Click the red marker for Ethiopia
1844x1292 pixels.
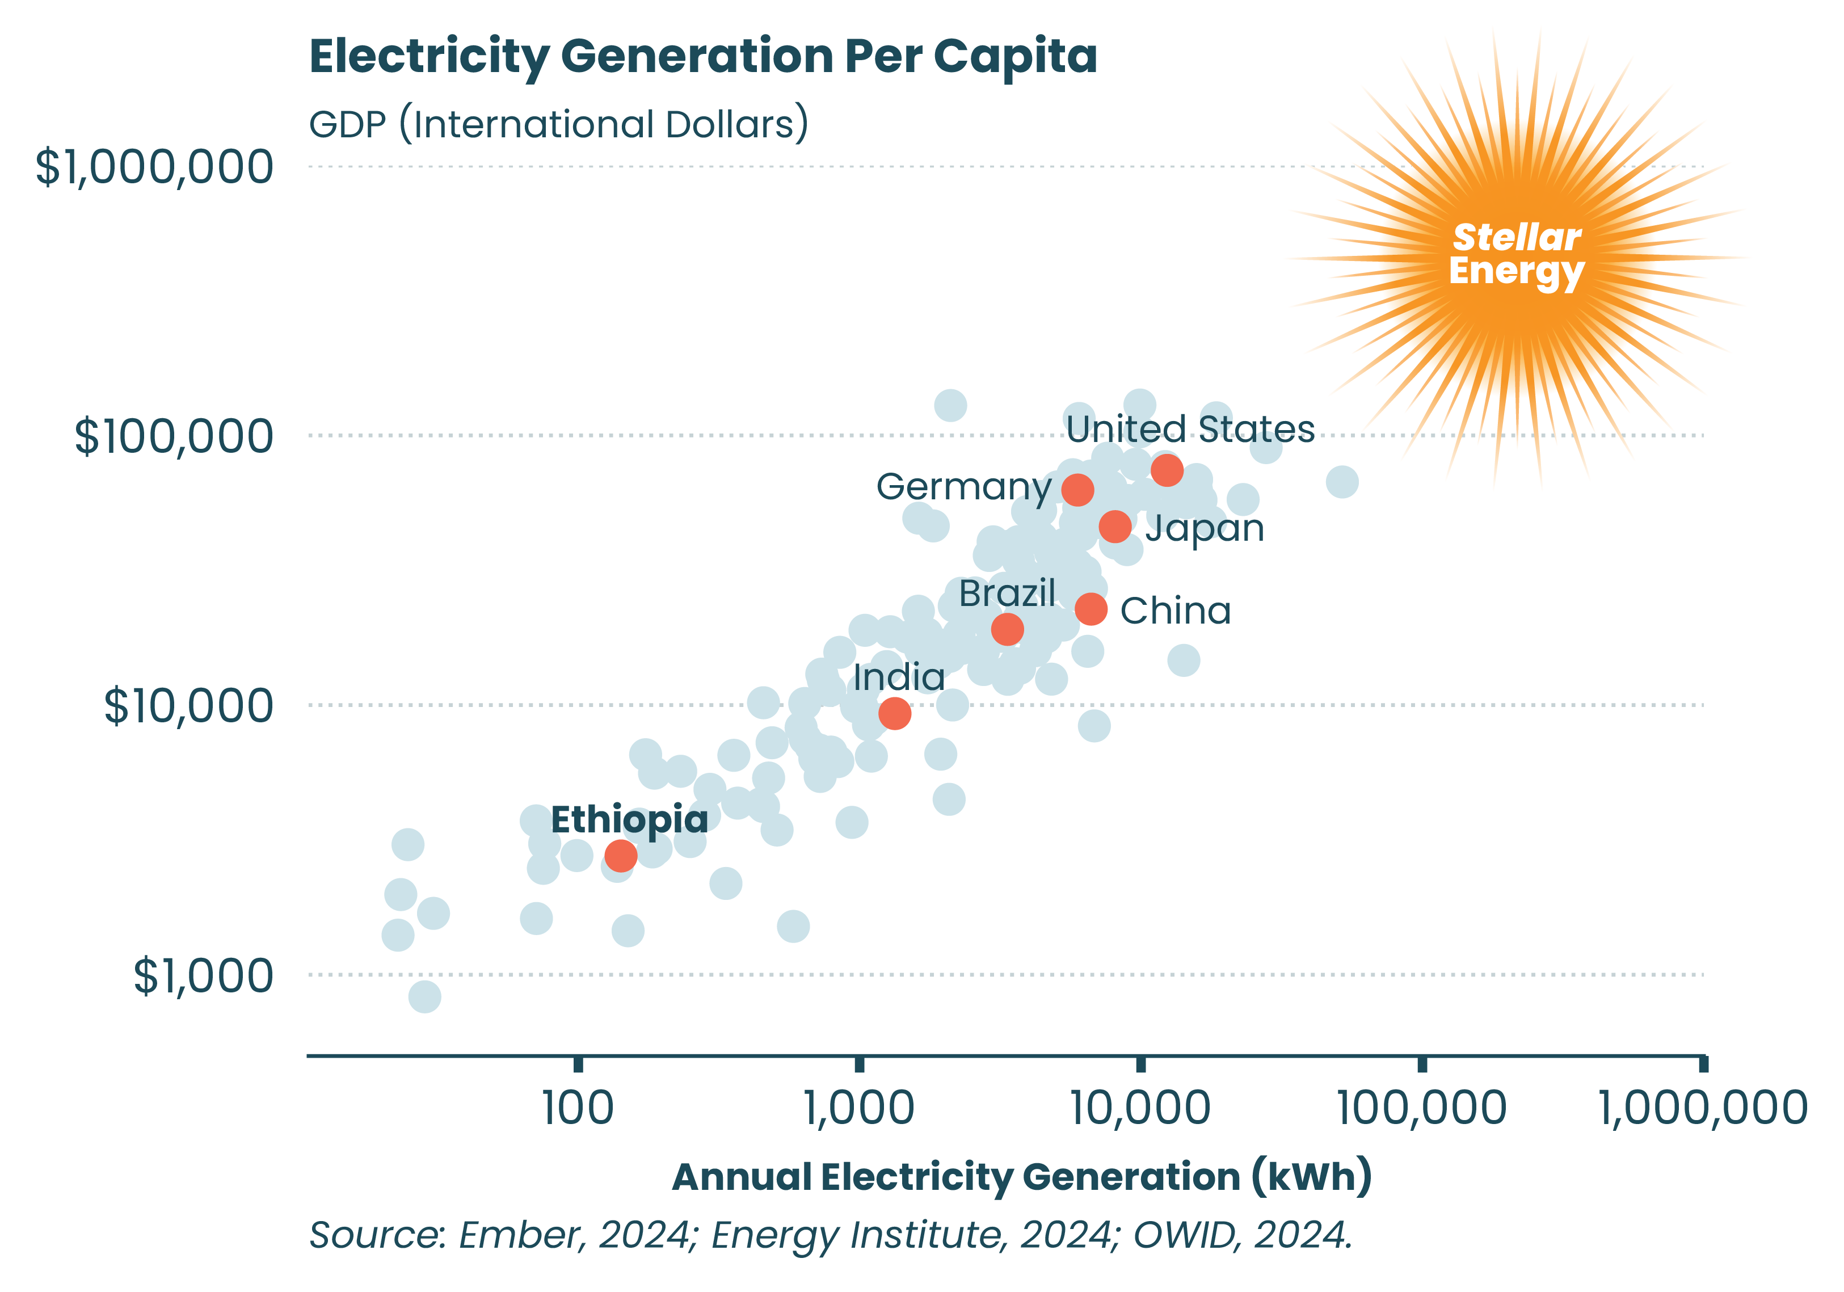(x=621, y=856)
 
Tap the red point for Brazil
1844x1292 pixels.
(x=1007, y=629)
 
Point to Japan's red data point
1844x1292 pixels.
(x=1115, y=527)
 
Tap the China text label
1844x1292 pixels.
(x=1175, y=611)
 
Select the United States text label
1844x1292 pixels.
(x=1190, y=430)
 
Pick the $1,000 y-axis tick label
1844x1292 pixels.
(x=203, y=977)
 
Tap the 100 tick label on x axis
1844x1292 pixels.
(x=578, y=1108)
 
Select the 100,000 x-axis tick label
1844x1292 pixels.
(x=1421, y=1108)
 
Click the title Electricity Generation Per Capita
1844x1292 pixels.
(x=703, y=56)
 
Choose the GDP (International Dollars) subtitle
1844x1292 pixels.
(x=559, y=125)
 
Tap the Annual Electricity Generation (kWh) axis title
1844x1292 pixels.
(x=1022, y=1177)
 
